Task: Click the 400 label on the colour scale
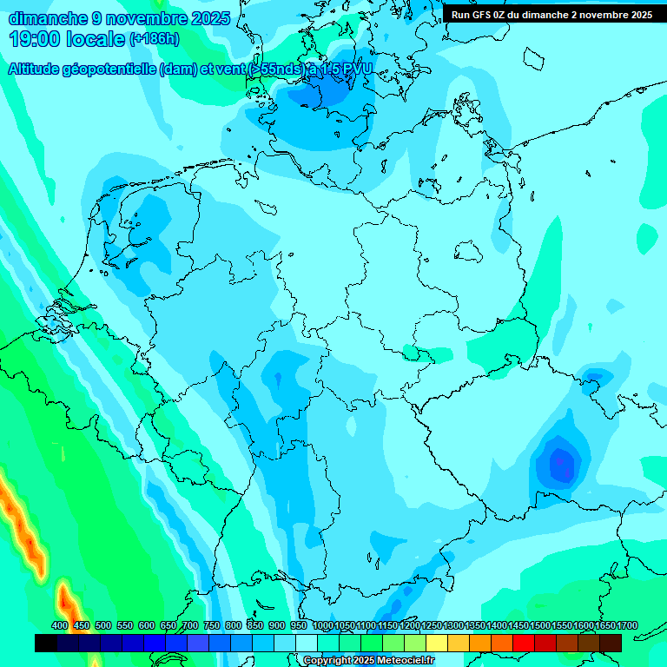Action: (60, 625)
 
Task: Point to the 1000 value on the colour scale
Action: (323, 625)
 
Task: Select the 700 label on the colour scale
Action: (190, 625)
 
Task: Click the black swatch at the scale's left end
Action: (46, 643)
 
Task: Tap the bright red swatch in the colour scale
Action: (524, 643)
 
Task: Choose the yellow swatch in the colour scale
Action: (437, 643)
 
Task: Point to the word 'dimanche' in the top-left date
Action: (49, 18)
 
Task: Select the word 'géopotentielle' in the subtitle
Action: (112, 69)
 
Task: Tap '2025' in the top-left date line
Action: (208, 18)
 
